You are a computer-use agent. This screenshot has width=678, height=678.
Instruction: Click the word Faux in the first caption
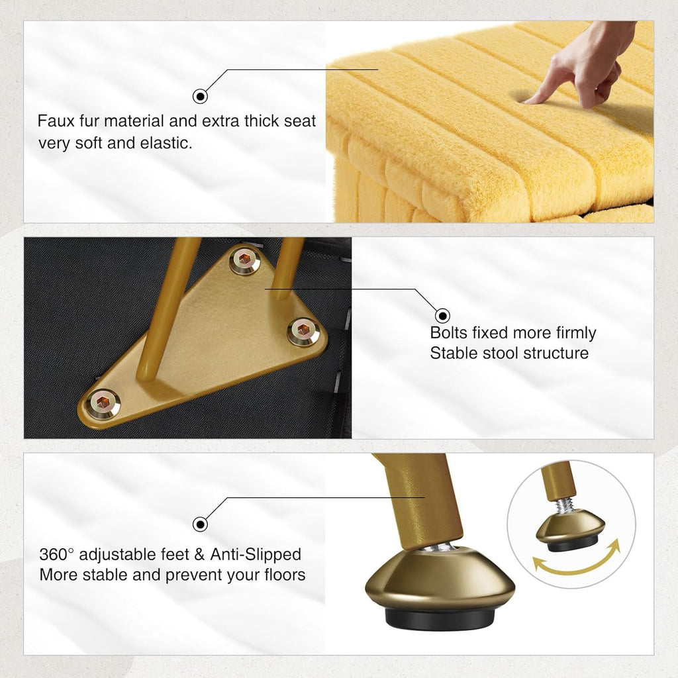tap(56, 121)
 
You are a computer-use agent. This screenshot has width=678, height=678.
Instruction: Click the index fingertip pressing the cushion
tap(529, 101)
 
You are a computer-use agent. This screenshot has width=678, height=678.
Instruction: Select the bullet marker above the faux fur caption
tap(200, 96)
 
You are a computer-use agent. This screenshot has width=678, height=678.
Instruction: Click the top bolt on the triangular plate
tap(244, 260)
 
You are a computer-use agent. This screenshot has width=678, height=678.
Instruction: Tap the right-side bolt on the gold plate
tap(303, 331)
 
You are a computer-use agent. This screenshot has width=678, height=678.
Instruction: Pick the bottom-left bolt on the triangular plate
tap(103, 403)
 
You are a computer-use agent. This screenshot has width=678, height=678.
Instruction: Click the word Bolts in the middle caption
tap(449, 333)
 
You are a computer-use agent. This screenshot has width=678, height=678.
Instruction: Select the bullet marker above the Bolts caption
tap(442, 316)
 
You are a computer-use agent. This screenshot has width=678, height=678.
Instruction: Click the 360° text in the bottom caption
tap(57, 554)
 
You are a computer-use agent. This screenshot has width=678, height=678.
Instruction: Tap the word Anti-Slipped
tap(256, 554)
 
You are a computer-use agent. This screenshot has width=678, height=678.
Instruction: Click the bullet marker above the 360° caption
tap(200, 524)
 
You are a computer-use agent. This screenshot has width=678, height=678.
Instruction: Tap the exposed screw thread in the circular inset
tap(565, 505)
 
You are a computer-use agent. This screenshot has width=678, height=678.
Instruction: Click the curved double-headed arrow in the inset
tap(577, 566)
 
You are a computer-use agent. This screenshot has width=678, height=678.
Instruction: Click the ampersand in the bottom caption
tap(199, 555)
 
